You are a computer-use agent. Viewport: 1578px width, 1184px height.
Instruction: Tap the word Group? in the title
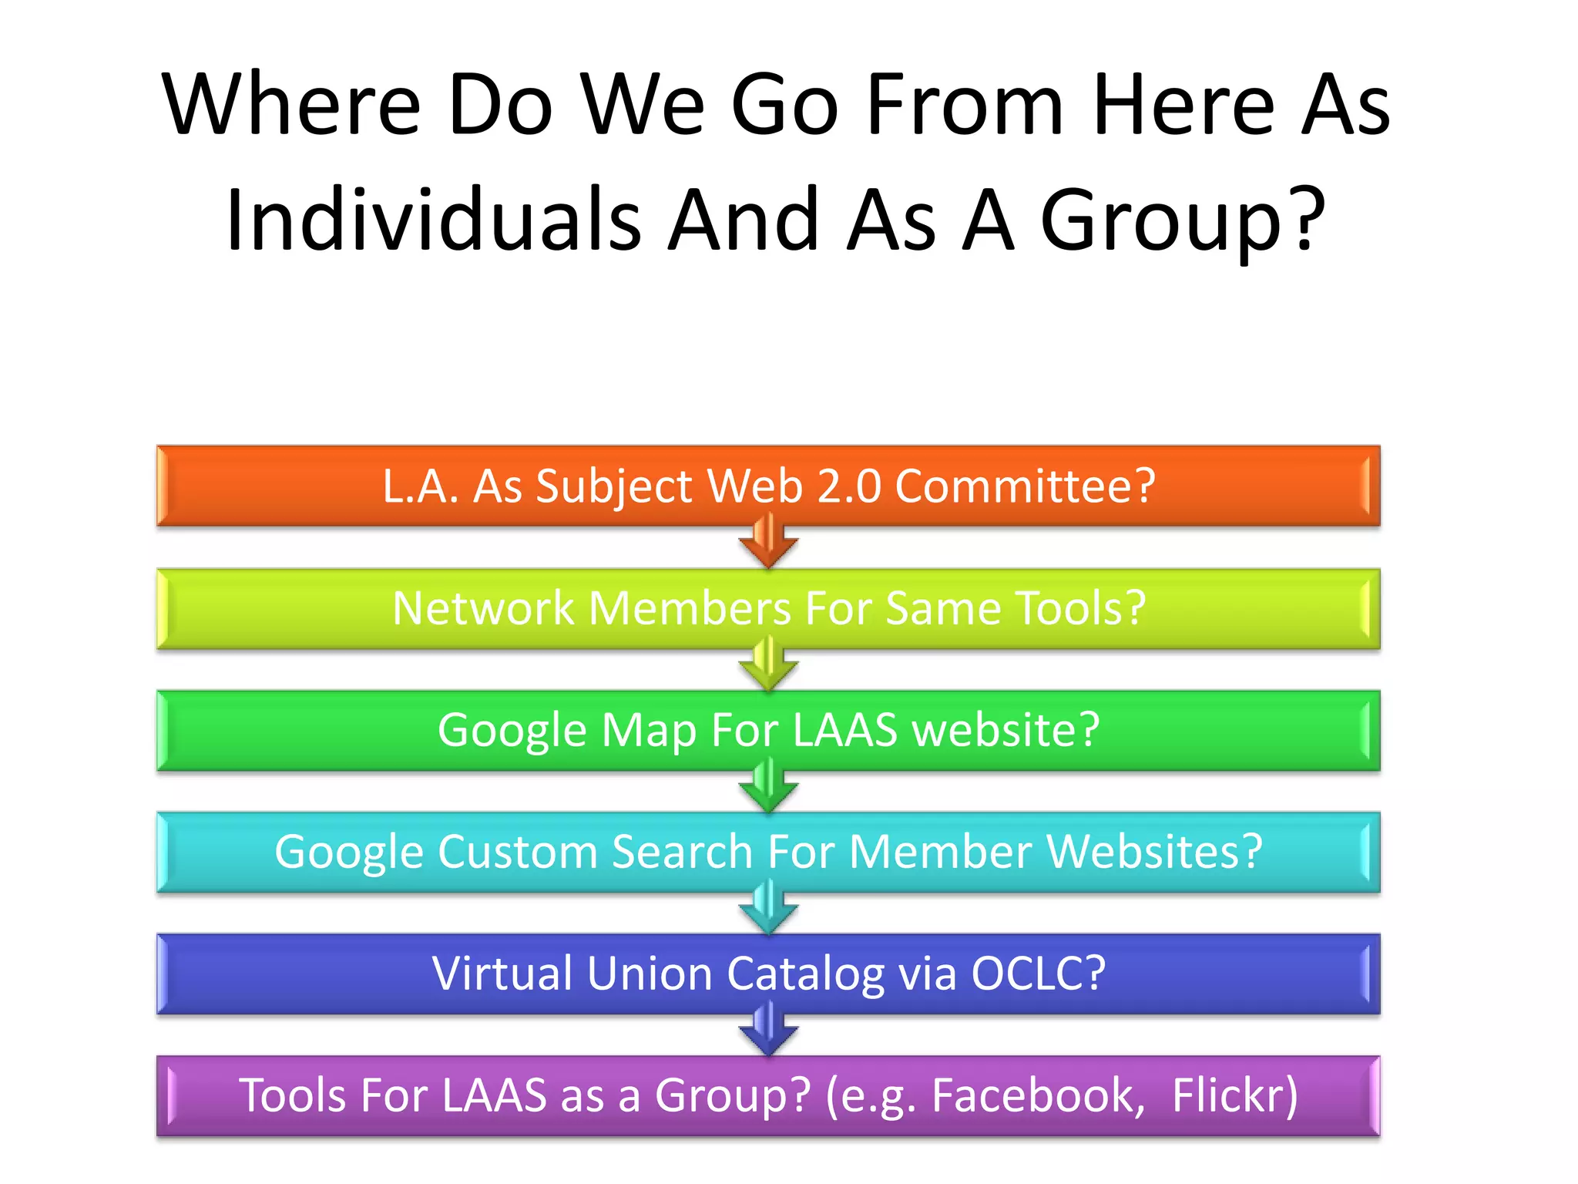[x=1183, y=222]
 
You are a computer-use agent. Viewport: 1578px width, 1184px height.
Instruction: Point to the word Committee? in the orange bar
[x=1025, y=486]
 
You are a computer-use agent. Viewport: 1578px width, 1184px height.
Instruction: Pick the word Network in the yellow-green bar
[x=483, y=608]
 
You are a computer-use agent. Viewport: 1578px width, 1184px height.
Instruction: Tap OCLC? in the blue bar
[x=1038, y=973]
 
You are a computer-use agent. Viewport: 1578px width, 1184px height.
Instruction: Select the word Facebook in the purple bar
[x=1033, y=1095]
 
